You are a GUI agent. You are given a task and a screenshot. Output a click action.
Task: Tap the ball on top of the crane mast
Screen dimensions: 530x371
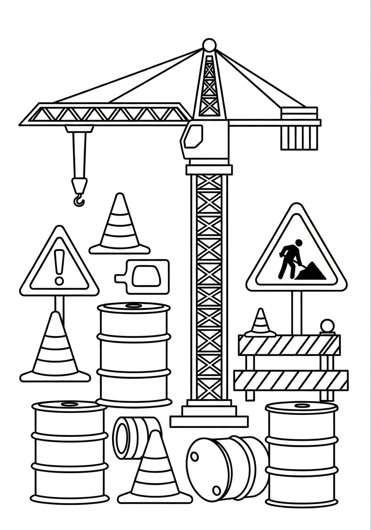[x=210, y=45]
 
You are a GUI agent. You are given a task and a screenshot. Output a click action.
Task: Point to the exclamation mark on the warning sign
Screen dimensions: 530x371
[x=59, y=269]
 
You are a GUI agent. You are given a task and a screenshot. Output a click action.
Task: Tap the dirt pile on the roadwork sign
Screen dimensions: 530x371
[x=311, y=272]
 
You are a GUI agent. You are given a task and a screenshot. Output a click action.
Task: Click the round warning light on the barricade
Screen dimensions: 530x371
[x=327, y=326]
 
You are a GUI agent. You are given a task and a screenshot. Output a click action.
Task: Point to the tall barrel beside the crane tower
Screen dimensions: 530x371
[x=134, y=354]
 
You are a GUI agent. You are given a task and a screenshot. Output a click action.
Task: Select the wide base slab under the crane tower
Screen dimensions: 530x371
[x=209, y=422]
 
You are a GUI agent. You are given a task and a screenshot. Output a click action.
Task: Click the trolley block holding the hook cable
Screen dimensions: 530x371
[x=79, y=129]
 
